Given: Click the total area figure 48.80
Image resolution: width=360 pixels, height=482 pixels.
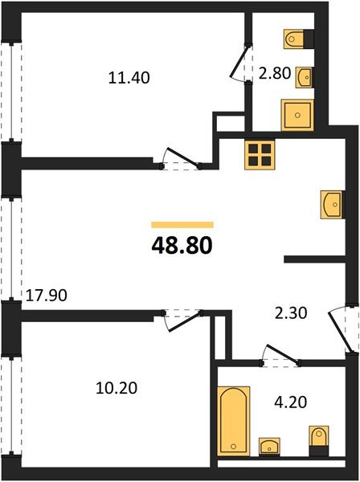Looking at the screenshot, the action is [x=182, y=246].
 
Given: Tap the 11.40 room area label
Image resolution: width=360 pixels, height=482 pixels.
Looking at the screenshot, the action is [x=129, y=78].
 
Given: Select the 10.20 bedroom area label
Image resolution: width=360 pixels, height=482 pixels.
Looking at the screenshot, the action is [x=117, y=388].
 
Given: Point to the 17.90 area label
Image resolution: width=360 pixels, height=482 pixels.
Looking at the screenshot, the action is [x=46, y=296].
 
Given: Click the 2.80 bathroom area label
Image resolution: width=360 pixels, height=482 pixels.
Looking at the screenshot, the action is [x=275, y=74].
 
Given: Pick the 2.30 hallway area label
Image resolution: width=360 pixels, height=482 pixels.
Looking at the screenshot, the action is [x=291, y=313].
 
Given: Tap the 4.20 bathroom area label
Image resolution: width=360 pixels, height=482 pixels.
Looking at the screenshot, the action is [x=291, y=402].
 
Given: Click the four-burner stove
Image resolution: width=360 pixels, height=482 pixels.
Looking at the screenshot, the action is [x=260, y=154].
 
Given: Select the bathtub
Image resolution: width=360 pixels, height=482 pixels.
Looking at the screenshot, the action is [x=233, y=421].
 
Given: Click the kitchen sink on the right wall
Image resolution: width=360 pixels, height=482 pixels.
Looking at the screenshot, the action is [x=332, y=205].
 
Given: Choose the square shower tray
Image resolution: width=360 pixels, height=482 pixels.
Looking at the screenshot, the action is [x=297, y=115].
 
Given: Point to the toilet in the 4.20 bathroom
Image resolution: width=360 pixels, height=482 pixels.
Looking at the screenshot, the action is [x=319, y=441].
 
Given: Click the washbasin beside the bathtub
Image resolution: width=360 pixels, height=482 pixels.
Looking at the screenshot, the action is [x=269, y=447].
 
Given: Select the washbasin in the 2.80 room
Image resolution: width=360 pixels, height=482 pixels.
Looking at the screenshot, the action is [x=305, y=77].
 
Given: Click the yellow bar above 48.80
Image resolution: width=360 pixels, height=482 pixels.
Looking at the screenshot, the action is [x=182, y=225].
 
